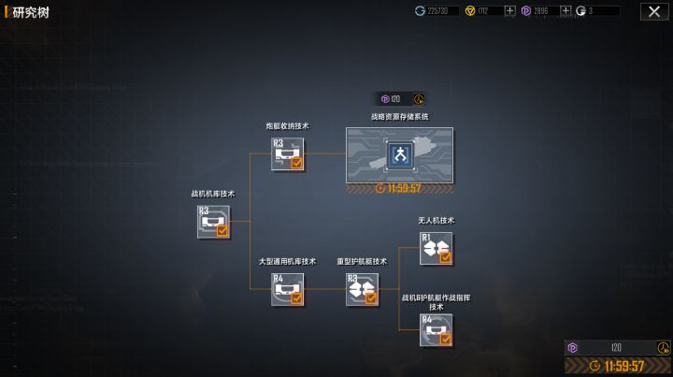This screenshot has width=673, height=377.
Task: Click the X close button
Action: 653,11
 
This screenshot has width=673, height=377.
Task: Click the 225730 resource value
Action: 437,11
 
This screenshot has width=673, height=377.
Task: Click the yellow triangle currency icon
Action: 469,11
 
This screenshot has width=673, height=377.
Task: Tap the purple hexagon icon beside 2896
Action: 526,11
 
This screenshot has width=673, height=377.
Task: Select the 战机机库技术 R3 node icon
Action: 213,222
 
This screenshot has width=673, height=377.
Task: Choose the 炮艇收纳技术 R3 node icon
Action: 287,153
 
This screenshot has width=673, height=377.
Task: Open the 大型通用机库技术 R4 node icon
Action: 287,289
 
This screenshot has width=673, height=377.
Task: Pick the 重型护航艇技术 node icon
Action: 362,289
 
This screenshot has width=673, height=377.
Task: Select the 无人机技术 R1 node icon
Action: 436,248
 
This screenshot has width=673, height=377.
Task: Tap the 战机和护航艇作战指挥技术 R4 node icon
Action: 436,330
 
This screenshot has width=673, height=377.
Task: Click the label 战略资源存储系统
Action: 399,117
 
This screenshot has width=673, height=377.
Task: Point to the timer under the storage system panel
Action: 401,188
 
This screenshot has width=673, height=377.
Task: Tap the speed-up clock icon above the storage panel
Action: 418,98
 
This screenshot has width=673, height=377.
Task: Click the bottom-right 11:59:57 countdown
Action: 623,366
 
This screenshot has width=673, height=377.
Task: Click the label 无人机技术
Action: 436,221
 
